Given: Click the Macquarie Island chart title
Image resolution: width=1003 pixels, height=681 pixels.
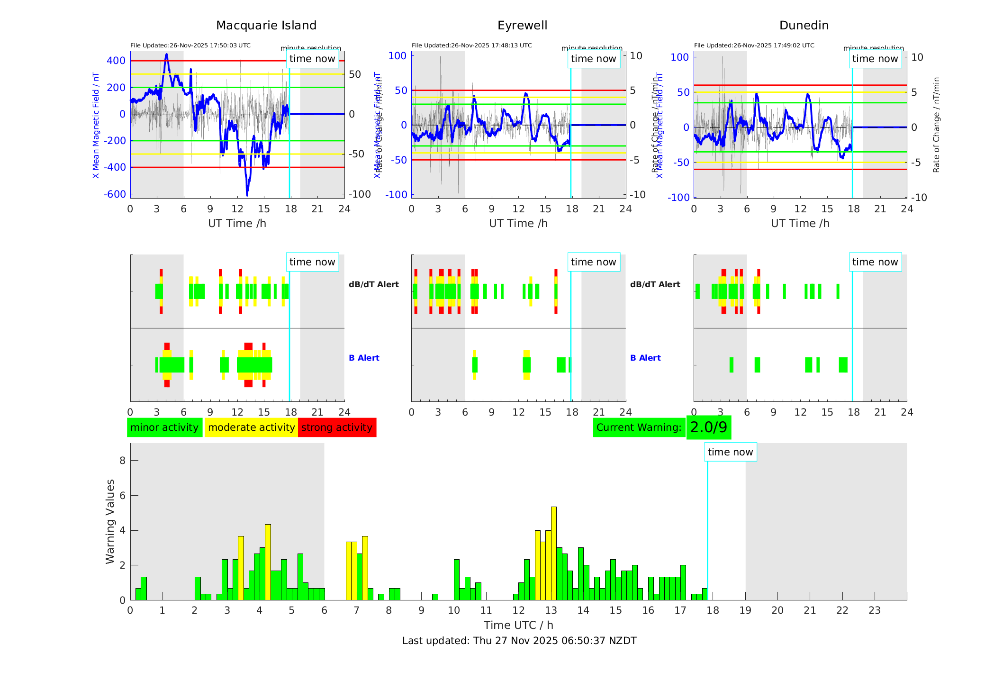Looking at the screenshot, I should coord(266,26).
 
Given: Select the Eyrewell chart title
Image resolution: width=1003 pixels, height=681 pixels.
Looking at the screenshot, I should coord(522,26).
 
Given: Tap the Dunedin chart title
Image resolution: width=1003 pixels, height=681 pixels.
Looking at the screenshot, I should coord(804,26).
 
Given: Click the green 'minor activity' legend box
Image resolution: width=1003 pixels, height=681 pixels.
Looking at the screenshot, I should coord(164,427).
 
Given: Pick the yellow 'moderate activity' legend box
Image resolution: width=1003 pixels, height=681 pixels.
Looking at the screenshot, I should coord(251,427).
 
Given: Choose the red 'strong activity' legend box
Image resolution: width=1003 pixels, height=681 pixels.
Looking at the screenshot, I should coord(337,427).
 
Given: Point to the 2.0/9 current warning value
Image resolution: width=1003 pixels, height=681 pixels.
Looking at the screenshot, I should coord(708,427).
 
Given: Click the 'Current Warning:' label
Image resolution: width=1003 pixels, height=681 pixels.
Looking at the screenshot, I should coord(639,427).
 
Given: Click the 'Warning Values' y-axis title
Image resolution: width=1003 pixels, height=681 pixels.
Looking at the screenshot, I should coord(110,521).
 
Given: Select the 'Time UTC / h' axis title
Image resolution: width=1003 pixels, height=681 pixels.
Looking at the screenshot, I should coord(518,625).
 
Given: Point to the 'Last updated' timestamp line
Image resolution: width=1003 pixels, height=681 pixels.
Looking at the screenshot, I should coord(519,641).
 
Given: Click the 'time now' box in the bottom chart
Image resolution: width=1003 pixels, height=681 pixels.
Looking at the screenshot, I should coord(730,452).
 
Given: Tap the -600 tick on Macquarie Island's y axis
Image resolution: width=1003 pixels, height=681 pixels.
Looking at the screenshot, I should coord(115,194).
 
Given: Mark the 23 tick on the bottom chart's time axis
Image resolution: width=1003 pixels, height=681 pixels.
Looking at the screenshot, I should coord(875,610).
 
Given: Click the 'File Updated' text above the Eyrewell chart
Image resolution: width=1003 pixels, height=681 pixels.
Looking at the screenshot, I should coord(471,45).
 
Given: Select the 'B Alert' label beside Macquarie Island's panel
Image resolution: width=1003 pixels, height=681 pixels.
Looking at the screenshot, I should coord(364,358).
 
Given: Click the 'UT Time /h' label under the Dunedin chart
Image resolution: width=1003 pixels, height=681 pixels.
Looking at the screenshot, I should coord(800,224).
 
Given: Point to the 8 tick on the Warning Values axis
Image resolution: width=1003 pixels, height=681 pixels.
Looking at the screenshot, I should coord(122,461).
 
